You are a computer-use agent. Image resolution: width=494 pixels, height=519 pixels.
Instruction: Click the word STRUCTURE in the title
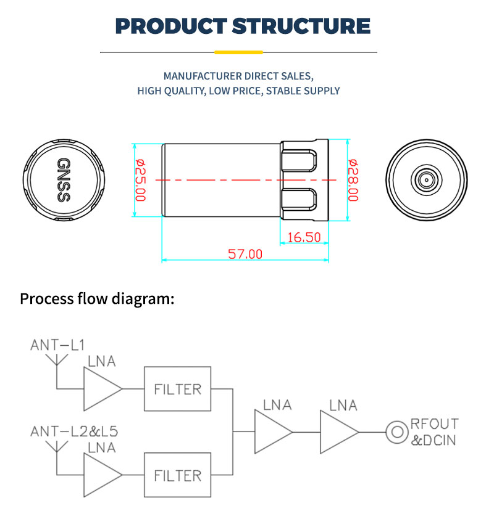[301, 27]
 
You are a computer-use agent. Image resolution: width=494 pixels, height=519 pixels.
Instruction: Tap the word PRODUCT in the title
[172, 27]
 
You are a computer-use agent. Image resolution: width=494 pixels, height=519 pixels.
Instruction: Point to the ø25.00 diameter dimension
[140, 180]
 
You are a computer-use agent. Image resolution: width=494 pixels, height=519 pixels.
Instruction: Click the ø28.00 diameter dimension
[353, 180]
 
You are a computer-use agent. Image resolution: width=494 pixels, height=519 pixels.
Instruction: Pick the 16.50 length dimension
[304, 237]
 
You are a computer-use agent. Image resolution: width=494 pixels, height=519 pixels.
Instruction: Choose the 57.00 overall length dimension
[245, 254]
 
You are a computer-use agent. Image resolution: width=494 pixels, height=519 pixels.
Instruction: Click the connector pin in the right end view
[425, 180]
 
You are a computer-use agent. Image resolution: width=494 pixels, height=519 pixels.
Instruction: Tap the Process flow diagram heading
[98, 300]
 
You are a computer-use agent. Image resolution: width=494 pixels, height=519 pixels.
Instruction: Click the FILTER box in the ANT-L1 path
[177, 389]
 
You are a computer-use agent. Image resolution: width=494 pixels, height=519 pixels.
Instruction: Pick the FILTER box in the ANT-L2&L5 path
[177, 475]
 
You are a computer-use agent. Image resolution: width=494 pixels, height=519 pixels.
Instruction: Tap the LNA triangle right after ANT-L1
[100, 389]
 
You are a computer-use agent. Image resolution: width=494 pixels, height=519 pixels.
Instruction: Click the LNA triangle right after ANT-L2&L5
[100, 475]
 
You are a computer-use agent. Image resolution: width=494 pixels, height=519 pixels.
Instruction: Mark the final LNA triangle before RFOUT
[337, 433]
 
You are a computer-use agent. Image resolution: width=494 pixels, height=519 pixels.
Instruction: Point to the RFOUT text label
[435, 424]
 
